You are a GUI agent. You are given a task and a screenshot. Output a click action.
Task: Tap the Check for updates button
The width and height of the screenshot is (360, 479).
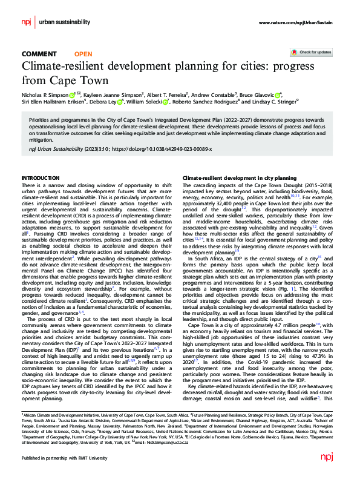[x=311, y=53]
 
